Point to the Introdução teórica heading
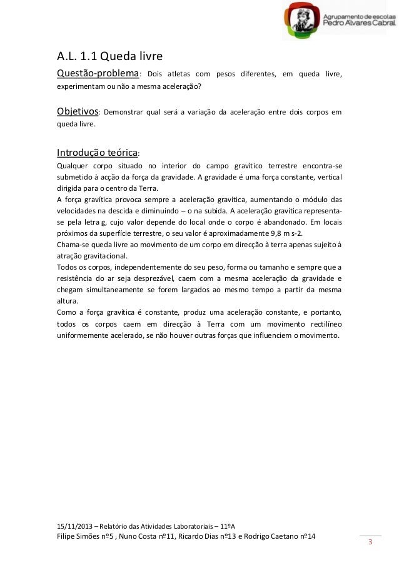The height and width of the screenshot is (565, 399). pos(96,152)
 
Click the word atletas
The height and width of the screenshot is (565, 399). pos(181,76)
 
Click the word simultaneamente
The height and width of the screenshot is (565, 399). pos(109,290)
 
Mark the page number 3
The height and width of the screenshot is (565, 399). pos(370,542)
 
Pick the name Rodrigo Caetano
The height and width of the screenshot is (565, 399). pos(275,537)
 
